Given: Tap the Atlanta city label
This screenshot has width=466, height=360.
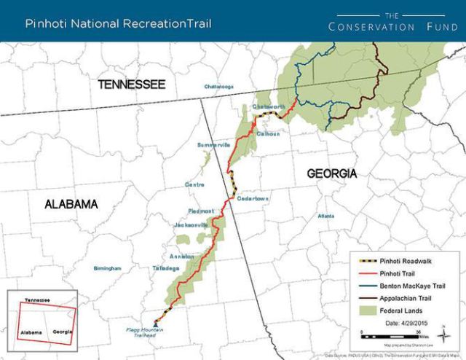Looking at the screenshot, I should coord(325,216).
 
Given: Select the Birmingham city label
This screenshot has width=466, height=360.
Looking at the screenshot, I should coord(108,268).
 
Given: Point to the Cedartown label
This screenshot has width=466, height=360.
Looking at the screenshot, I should coord(253,198).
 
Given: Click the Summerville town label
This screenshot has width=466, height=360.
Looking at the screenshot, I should coord(213,145).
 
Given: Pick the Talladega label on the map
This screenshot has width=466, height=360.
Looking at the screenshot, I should coord(167,268).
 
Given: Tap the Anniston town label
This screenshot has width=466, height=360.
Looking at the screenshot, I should coord(181,257).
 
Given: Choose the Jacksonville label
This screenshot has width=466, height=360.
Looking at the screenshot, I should coord(191,224).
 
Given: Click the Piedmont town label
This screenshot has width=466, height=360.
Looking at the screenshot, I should coord(201,211).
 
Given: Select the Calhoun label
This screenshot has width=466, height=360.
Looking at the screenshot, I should coord(269,133).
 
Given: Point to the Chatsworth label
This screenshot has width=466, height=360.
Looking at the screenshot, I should coord(267,106).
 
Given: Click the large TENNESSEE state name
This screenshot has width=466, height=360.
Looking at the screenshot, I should coord(133,85).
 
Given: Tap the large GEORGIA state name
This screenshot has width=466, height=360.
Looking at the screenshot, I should coord(331,173).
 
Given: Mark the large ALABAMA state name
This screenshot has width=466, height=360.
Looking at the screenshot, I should coord(71,204).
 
